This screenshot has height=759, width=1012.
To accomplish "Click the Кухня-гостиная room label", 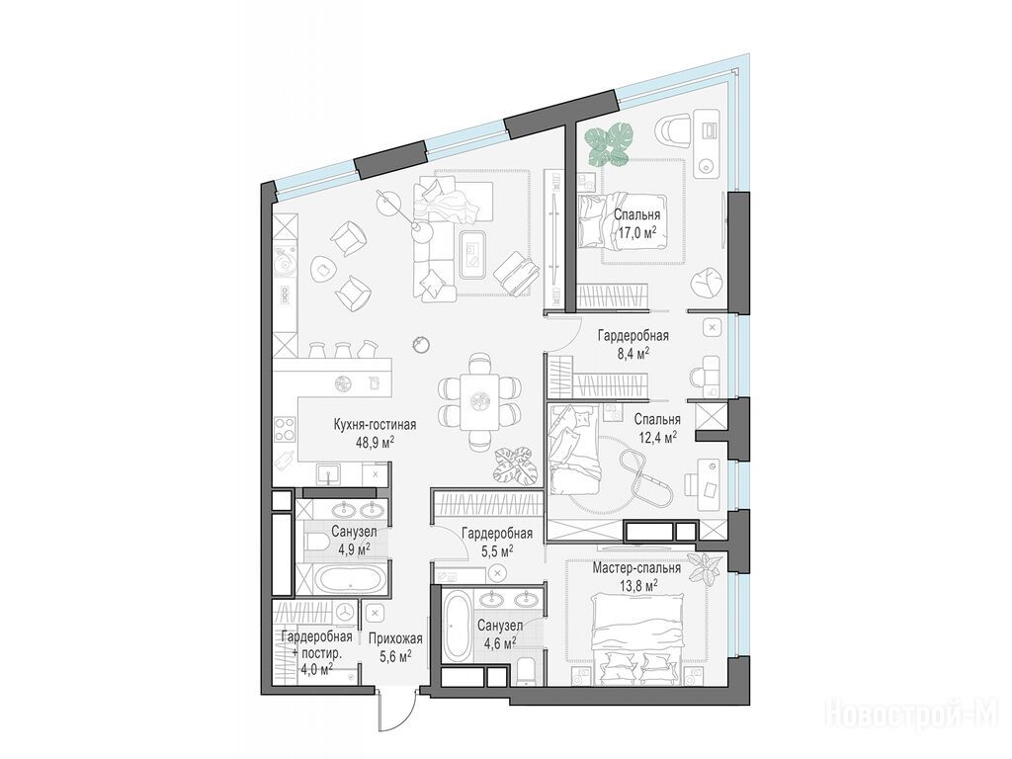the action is click(x=375, y=425).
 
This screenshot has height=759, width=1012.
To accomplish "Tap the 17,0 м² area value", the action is click(x=637, y=231).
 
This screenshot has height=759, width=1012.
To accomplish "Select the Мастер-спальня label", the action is click(x=636, y=568).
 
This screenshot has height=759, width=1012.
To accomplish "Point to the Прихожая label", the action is click(x=395, y=639).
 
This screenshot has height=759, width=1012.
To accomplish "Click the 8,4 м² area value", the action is click(x=632, y=353).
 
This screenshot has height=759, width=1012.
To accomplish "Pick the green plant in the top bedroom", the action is click(x=609, y=144).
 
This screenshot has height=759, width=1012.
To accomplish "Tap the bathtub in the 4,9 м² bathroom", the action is click(x=353, y=578).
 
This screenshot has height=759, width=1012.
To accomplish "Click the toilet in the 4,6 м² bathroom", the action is click(x=527, y=671).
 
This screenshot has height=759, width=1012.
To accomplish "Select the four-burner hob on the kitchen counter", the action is click(x=285, y=430).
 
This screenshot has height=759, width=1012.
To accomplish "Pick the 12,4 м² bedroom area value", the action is click(x=657, y=436).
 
